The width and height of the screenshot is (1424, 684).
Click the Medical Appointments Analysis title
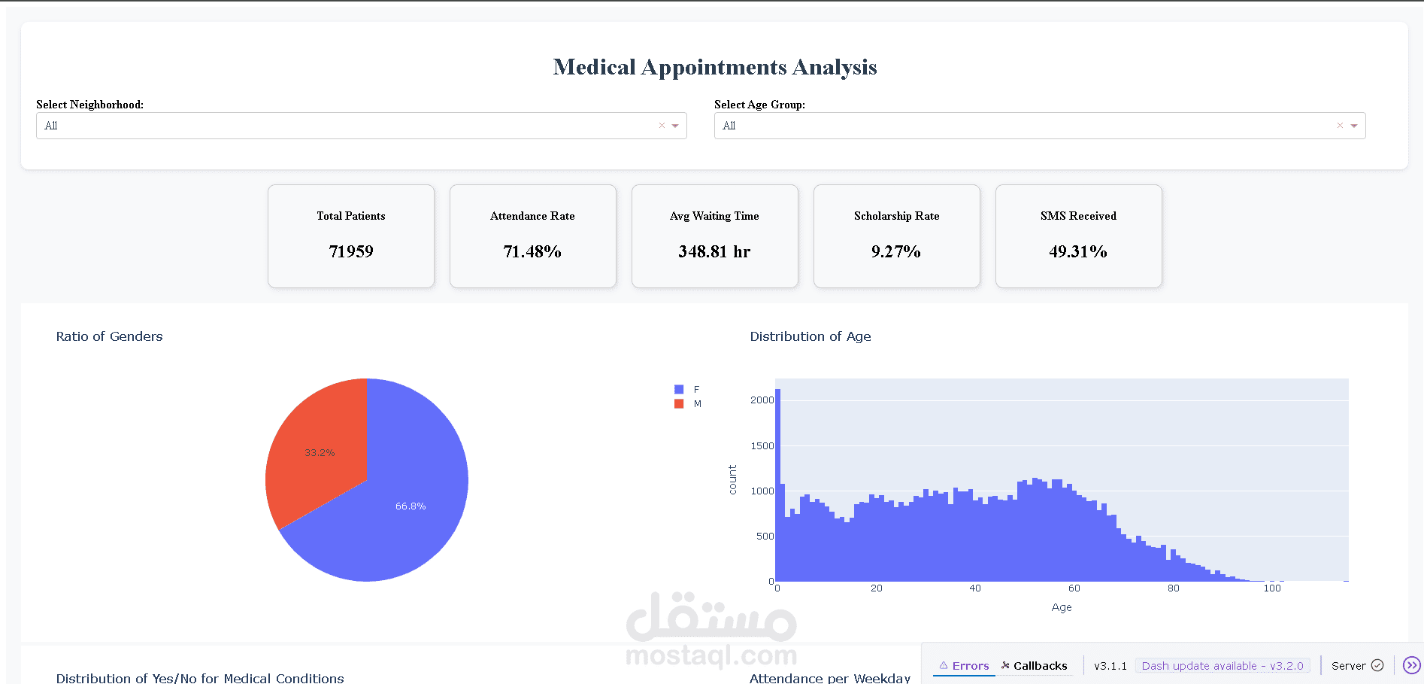[x=714, y=67]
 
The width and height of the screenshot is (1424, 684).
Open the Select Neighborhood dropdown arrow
[x=675, y=126]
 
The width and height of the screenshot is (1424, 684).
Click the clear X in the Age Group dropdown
[x=1340, y=126]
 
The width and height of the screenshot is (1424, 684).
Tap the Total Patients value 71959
[x=351, y=251]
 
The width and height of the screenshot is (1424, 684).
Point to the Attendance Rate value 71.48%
[x=532, y=251]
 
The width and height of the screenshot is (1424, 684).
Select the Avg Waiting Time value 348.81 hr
[x=714, y=251]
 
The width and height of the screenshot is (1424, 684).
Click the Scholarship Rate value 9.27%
[x=896, y=251]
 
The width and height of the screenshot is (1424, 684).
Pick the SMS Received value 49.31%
[x=1078, y=251]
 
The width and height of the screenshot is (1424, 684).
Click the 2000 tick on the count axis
[x=762, y=400]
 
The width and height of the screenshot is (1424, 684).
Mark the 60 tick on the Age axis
[x=1074, y=588]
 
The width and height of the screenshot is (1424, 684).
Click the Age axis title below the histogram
[x=1062, y=607]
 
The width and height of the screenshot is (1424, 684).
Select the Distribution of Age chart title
[x=810, y=336]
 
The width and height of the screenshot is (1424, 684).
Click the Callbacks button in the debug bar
[x=1035, y=666]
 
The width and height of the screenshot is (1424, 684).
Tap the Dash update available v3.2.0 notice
[x=1223, y=666]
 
